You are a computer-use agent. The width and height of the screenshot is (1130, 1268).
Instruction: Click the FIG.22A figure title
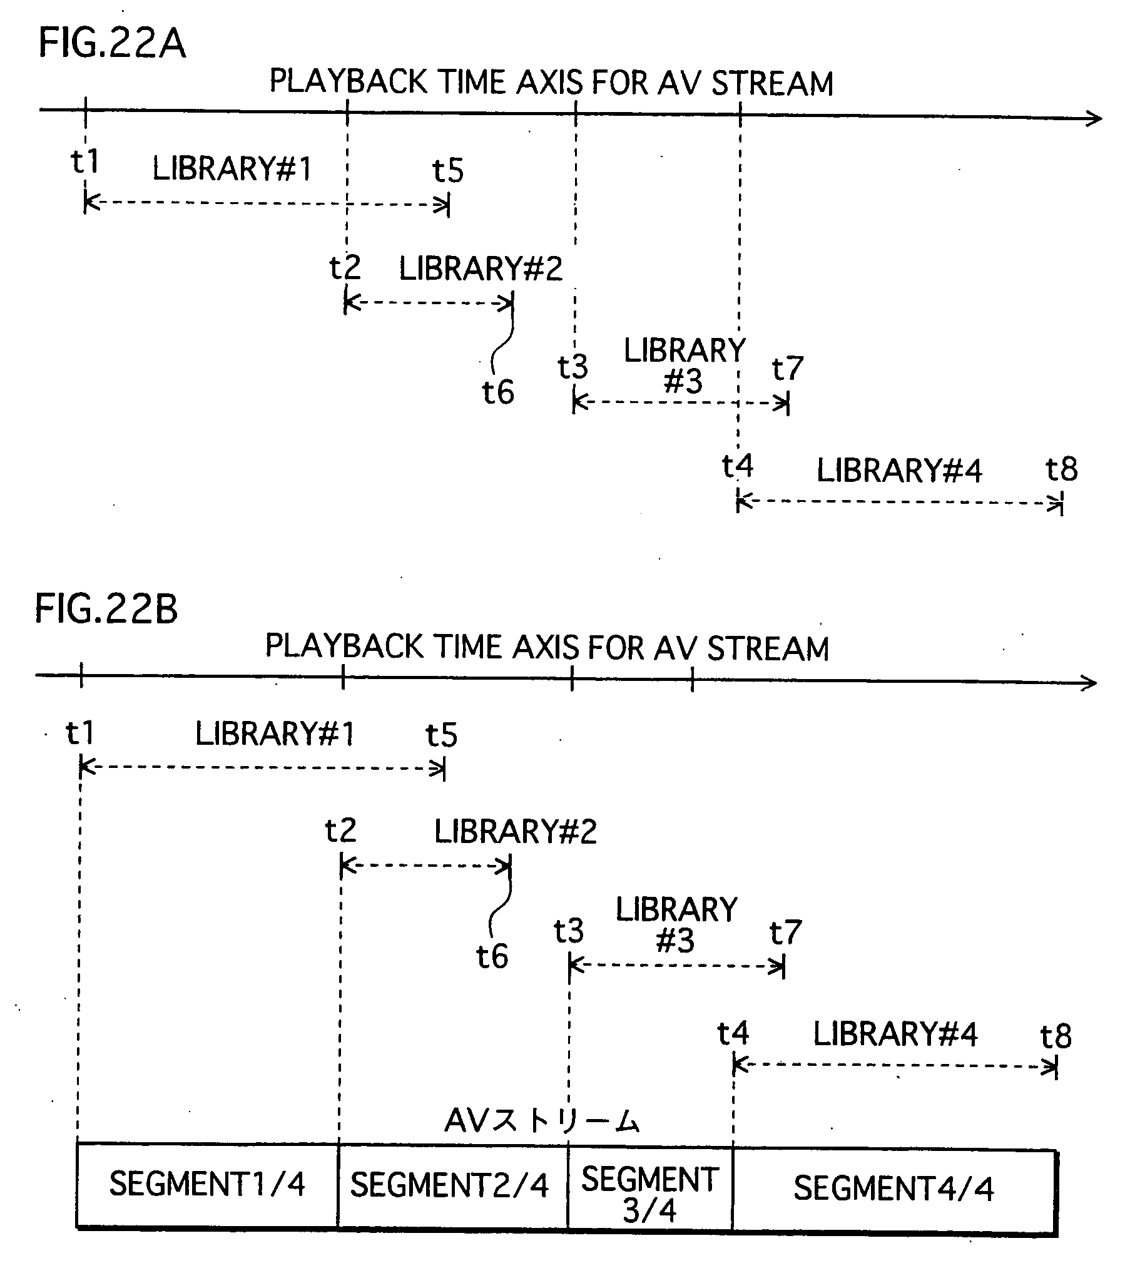pyautogui.click(x=113, y=44)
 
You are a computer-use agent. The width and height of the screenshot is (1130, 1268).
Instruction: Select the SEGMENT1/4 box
pyautogui.click(x=207, y=1185)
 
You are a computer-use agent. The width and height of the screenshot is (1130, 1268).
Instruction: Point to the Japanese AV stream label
pyautogui.click(x=542, y=1121)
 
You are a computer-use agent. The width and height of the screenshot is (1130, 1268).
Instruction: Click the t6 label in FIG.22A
pyautogui.click(x=498, y=392)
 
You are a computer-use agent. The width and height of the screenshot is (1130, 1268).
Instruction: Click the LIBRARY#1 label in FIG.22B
pyautogui.click(x=275, y=734)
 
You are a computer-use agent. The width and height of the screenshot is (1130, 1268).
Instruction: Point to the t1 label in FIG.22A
pyautogui.click(x=85, y=161)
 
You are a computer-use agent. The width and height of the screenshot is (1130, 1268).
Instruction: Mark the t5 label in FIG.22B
pyautogui.click(x=442, y=735)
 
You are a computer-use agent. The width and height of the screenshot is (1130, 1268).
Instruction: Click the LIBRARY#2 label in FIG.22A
pyautogui.click(x=481, y=268)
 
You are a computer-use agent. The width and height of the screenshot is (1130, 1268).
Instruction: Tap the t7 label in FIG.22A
pyautogui.click(x=787, y=369)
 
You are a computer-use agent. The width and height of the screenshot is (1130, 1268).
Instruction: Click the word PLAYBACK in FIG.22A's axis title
pyautogui.click(x=348, y=82)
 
